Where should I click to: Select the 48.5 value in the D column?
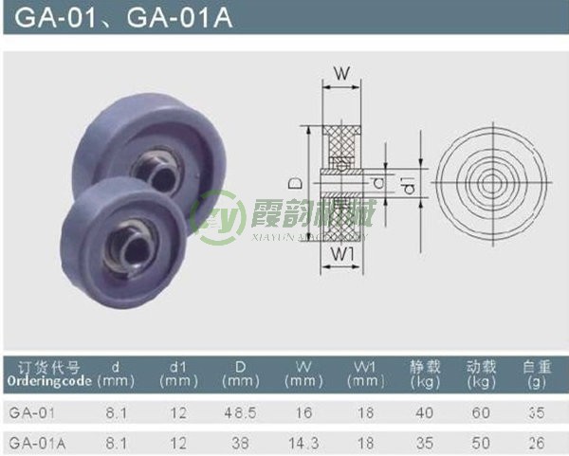(x=237, y=412)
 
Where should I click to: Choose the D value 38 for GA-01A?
(x=237, y=441)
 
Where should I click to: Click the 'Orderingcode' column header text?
(x=49, y=381)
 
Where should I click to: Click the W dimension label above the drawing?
(x=344, y=72)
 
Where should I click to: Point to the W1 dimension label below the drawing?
(x=344, y=255)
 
